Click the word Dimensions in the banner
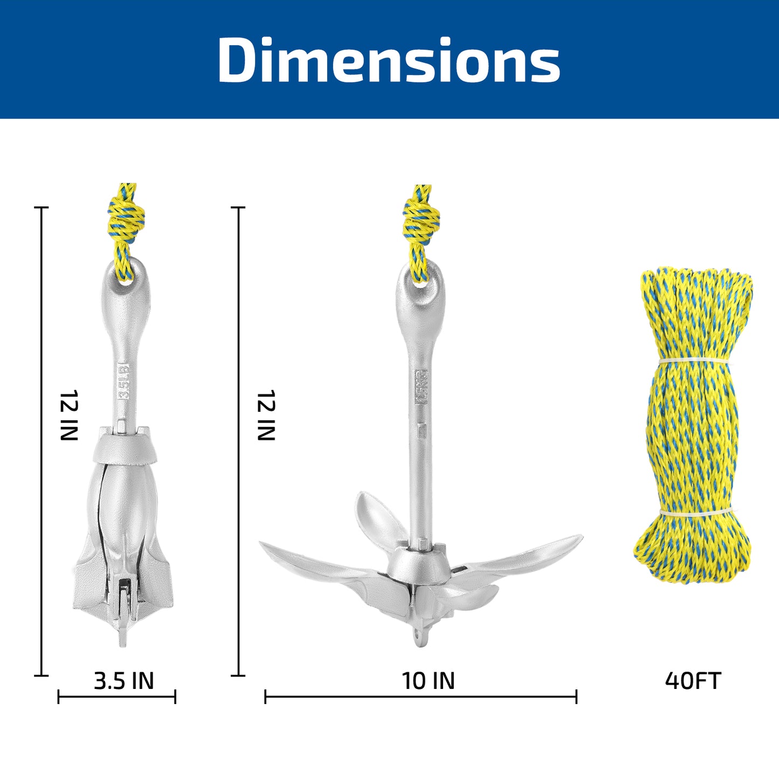389,60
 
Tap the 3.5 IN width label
123,681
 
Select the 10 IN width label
428,681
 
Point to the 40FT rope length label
693,681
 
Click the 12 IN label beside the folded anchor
68,415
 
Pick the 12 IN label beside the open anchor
266,415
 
